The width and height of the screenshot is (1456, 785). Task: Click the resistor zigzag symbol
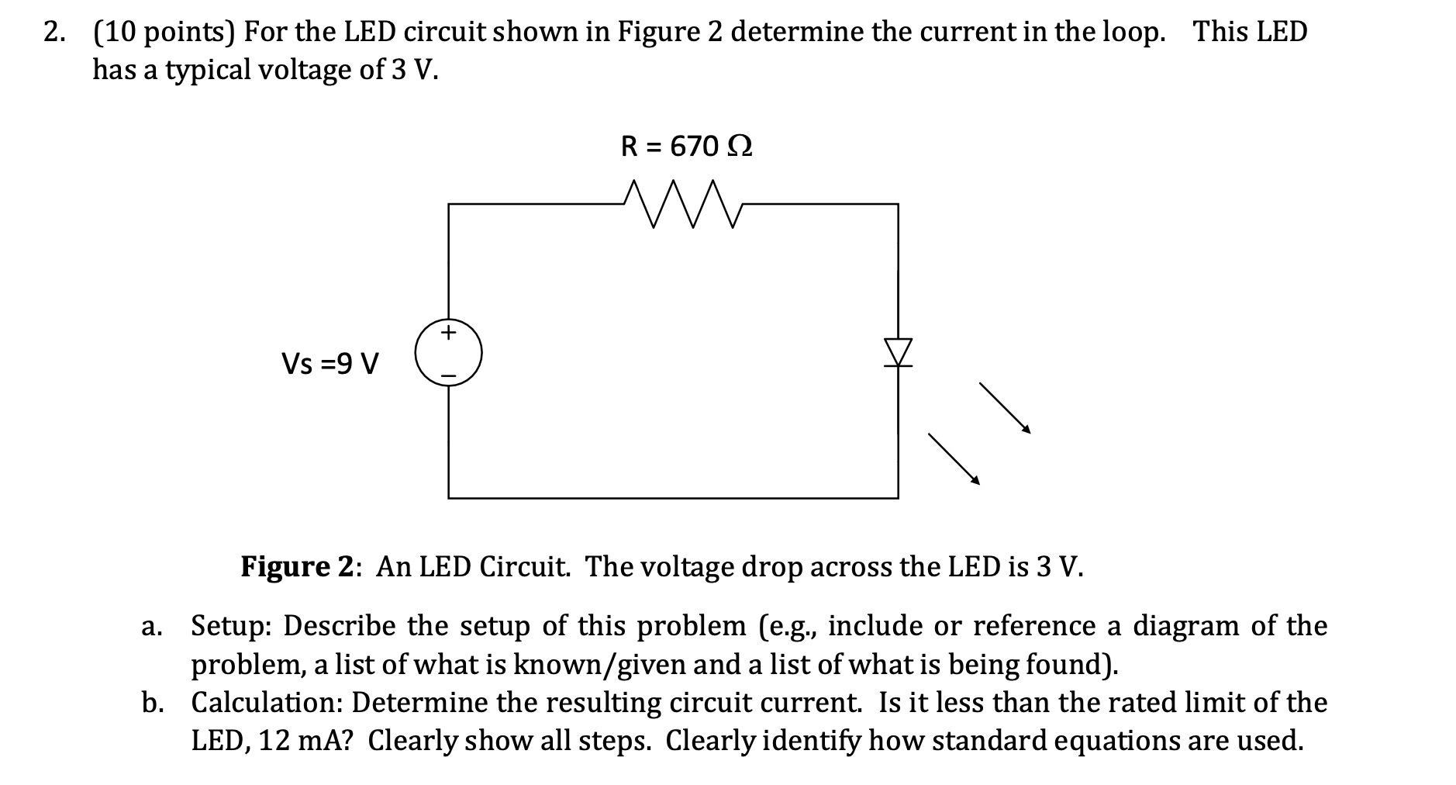click(683, 204)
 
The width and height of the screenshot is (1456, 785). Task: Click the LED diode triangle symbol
click(899, 351)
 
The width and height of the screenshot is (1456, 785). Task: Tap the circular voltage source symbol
click(448, 354)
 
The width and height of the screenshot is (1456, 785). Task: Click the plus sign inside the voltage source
click(448, 334)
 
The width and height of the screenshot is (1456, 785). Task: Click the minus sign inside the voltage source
click(448, 376)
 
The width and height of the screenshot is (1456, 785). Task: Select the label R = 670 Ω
click(687, 146)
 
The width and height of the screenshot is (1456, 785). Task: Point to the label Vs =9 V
click(330, 363)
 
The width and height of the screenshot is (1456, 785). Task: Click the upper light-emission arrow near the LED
click(1005, 407)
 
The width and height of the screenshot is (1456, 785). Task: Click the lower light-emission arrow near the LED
click(954, 458)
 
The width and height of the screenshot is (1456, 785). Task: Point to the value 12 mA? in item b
click(305, 741)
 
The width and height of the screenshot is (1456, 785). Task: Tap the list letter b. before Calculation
click(152, 702)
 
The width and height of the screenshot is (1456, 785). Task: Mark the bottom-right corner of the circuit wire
click(899, 498)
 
